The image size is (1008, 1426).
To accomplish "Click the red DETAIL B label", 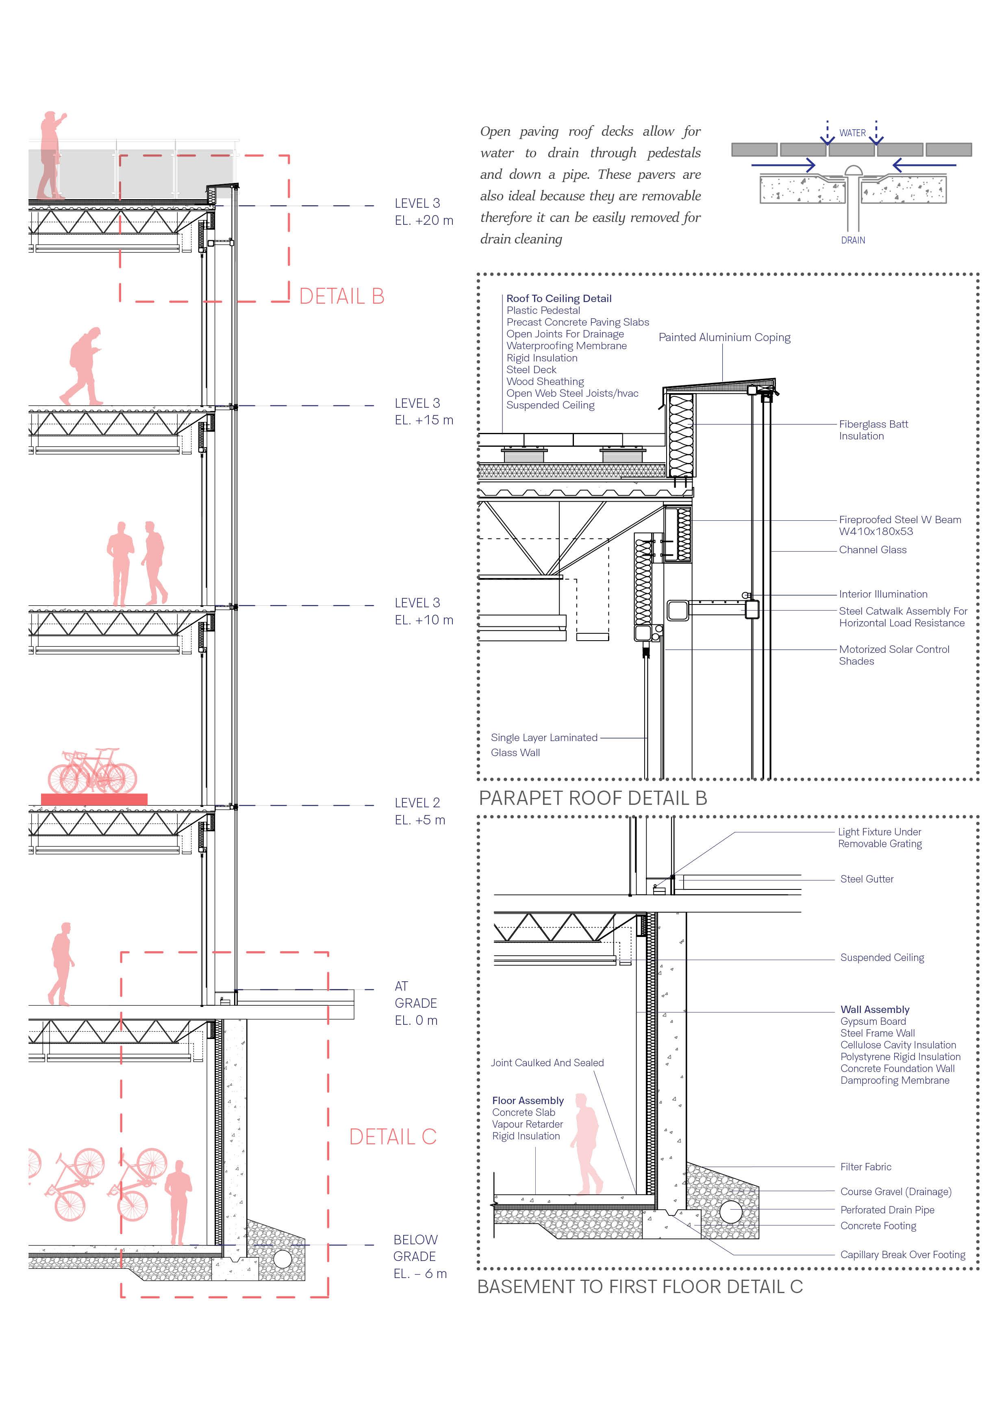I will pos(341,296).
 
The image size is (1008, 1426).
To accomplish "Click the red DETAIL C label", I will pos(393,1137).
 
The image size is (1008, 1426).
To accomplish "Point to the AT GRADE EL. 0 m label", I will pos(415,1003).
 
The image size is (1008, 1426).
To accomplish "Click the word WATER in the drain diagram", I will pos(852,133).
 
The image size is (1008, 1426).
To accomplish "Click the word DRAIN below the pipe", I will pos(853,240).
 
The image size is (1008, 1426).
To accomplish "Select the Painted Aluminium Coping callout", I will pos(724,337).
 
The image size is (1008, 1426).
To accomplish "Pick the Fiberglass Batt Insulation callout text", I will pos(873,430).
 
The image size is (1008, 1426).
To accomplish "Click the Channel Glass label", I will pos(873,550).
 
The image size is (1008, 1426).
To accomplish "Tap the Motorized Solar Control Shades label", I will pos(894,654).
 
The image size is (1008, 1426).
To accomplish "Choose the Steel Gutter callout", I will pos(867,879).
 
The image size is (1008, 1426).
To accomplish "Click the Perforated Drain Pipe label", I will pos(887,1210).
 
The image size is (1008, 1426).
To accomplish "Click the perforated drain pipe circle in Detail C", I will pos(731,1212).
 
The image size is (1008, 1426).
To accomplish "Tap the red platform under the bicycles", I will pos(94,799).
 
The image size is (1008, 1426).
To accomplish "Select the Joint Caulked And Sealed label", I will pos(547,1063).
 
